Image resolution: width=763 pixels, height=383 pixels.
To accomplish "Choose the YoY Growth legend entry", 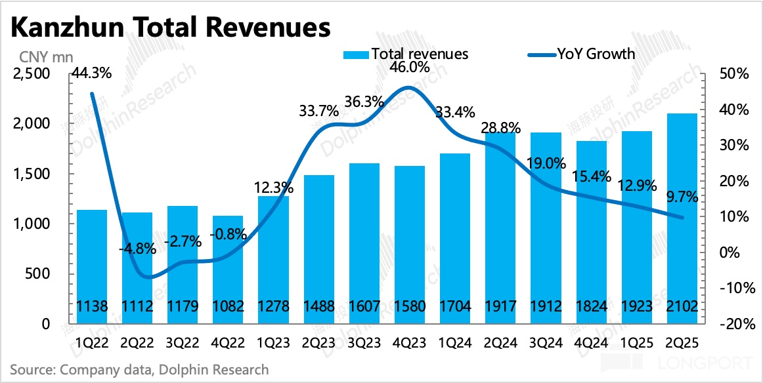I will [x=582, y=54].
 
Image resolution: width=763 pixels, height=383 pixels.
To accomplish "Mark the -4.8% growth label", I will [x=137, y=249].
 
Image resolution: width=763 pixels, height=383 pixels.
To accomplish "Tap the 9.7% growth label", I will [x=680, y=197].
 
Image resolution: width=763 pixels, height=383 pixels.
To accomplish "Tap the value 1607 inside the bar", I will [x=364, y=306].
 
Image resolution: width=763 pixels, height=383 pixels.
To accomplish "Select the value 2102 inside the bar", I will [x=682, y=306].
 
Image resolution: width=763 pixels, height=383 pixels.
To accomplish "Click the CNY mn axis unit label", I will [x=37, y=56].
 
